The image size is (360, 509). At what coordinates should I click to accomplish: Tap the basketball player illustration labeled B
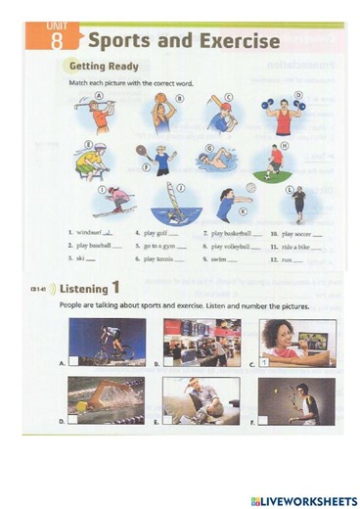(x=160, y=115)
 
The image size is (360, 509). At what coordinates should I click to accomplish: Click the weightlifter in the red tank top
(x=284, y=116)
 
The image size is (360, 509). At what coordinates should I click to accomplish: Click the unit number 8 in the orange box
(x=60, y=41)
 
